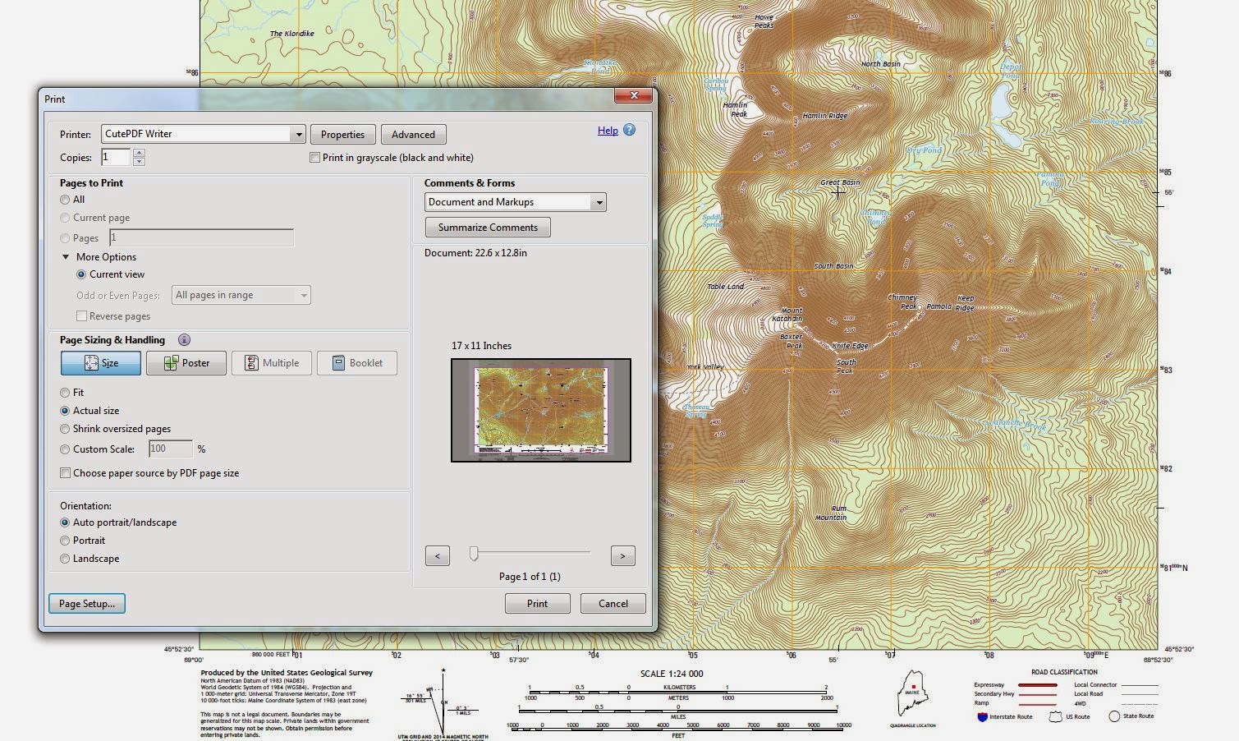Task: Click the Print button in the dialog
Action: point(537,604)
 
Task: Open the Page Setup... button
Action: point(87,604)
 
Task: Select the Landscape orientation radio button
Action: point(65,559)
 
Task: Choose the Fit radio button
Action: point(65,393)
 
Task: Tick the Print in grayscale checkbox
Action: point(314,158)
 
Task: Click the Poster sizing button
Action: point(186,363)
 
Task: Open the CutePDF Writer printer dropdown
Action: point(298,134)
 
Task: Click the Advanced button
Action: point(413,135)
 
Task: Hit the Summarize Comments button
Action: point(488,228)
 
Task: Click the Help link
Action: point(608,131)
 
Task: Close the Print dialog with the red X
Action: point(634,95)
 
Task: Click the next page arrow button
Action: point(622,556)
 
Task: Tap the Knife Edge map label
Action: point(850,346)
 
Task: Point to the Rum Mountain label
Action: point(832,513)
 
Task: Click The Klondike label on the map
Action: point(292,34)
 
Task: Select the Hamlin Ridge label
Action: point(824,116)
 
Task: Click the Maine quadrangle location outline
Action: point(912,694)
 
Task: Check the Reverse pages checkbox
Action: point(81,316)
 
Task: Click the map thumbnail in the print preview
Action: point(541,410)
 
